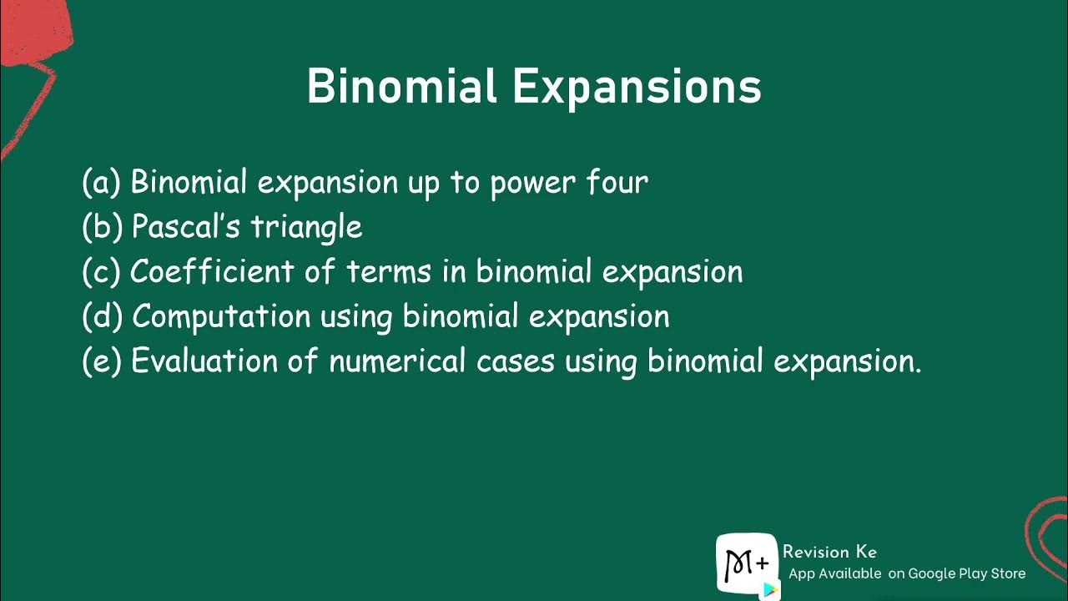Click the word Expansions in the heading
click(x=637, y=87)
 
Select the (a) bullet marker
click(x=102, y=182)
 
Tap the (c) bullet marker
click(x=102, y=272)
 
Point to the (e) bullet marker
click(x=102, y=362)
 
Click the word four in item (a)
click(x=616, y=182)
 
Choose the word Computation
click(x=221, y=317)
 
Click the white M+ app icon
click(x=746, y=565)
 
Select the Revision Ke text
click(x=829, y=552)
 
